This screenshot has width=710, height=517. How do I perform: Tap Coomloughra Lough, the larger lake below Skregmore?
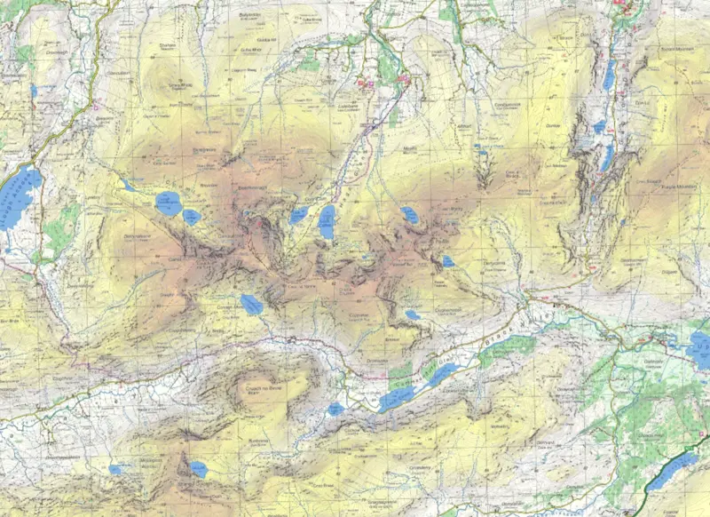(x=168, y=203)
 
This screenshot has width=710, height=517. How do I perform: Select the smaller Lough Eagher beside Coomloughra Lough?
(x=192, y=216)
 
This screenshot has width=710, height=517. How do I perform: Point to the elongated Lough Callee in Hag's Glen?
(x=327, y=221)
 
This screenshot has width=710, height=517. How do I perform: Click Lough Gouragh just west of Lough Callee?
(x=298, y=215)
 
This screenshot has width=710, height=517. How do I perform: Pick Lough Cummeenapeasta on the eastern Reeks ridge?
(x=409, y=214)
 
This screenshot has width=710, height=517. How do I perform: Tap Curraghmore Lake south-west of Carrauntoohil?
(x=251, y=305)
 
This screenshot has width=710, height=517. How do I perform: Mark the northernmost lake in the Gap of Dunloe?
(x=608, y=76)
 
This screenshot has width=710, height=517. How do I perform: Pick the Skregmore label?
(x=206, y=152)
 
